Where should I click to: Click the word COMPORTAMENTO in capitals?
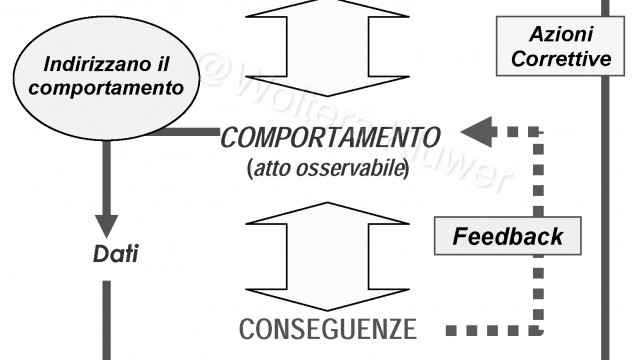click(330, 136)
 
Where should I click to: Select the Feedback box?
click(507, 237)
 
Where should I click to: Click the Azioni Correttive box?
click(561, 47)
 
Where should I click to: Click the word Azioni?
click(561, 35)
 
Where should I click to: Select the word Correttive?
click(561, 59)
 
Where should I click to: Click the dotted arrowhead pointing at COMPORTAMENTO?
click(479, 131)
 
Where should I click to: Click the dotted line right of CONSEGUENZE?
click(490, 329)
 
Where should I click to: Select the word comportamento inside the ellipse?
click(106, 87)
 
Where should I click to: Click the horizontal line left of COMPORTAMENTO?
click(185, 131)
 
